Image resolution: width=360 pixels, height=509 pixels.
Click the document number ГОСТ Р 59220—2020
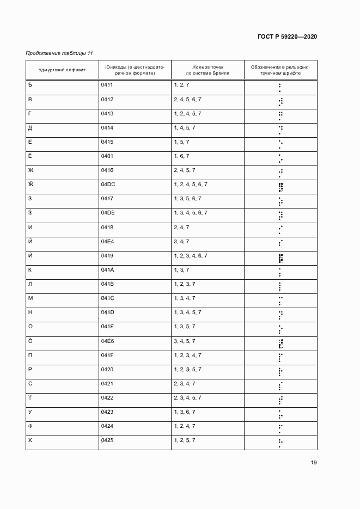pos(287,36)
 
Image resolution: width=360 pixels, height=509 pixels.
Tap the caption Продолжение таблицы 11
pos(59,53)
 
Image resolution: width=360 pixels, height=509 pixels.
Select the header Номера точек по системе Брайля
pos(207,69)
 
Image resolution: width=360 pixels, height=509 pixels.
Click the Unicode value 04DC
pos(108,185)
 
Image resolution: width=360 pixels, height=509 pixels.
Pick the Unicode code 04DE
pos(108,213)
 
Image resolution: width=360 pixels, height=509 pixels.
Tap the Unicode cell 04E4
pos(107,241)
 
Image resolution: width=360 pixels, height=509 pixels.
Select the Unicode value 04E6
pos(107,341)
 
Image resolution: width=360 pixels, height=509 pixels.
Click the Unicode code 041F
pos(107,355)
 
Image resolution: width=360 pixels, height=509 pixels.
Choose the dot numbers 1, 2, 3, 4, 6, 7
pos(191,255)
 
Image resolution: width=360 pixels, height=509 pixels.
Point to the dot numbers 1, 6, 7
pos(181,156)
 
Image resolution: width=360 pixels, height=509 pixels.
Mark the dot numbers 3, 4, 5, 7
pos(185,341)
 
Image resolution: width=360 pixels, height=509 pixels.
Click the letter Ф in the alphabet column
pos(30,426)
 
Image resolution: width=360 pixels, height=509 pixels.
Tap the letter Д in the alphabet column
pos(30,128)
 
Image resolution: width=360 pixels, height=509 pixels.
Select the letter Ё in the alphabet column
pos(30,156)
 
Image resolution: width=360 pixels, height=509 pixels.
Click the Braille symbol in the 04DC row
pos(280,188)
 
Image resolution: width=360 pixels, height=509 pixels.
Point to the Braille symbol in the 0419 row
pos(280,259)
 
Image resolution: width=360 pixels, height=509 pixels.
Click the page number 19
pos(314,463)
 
